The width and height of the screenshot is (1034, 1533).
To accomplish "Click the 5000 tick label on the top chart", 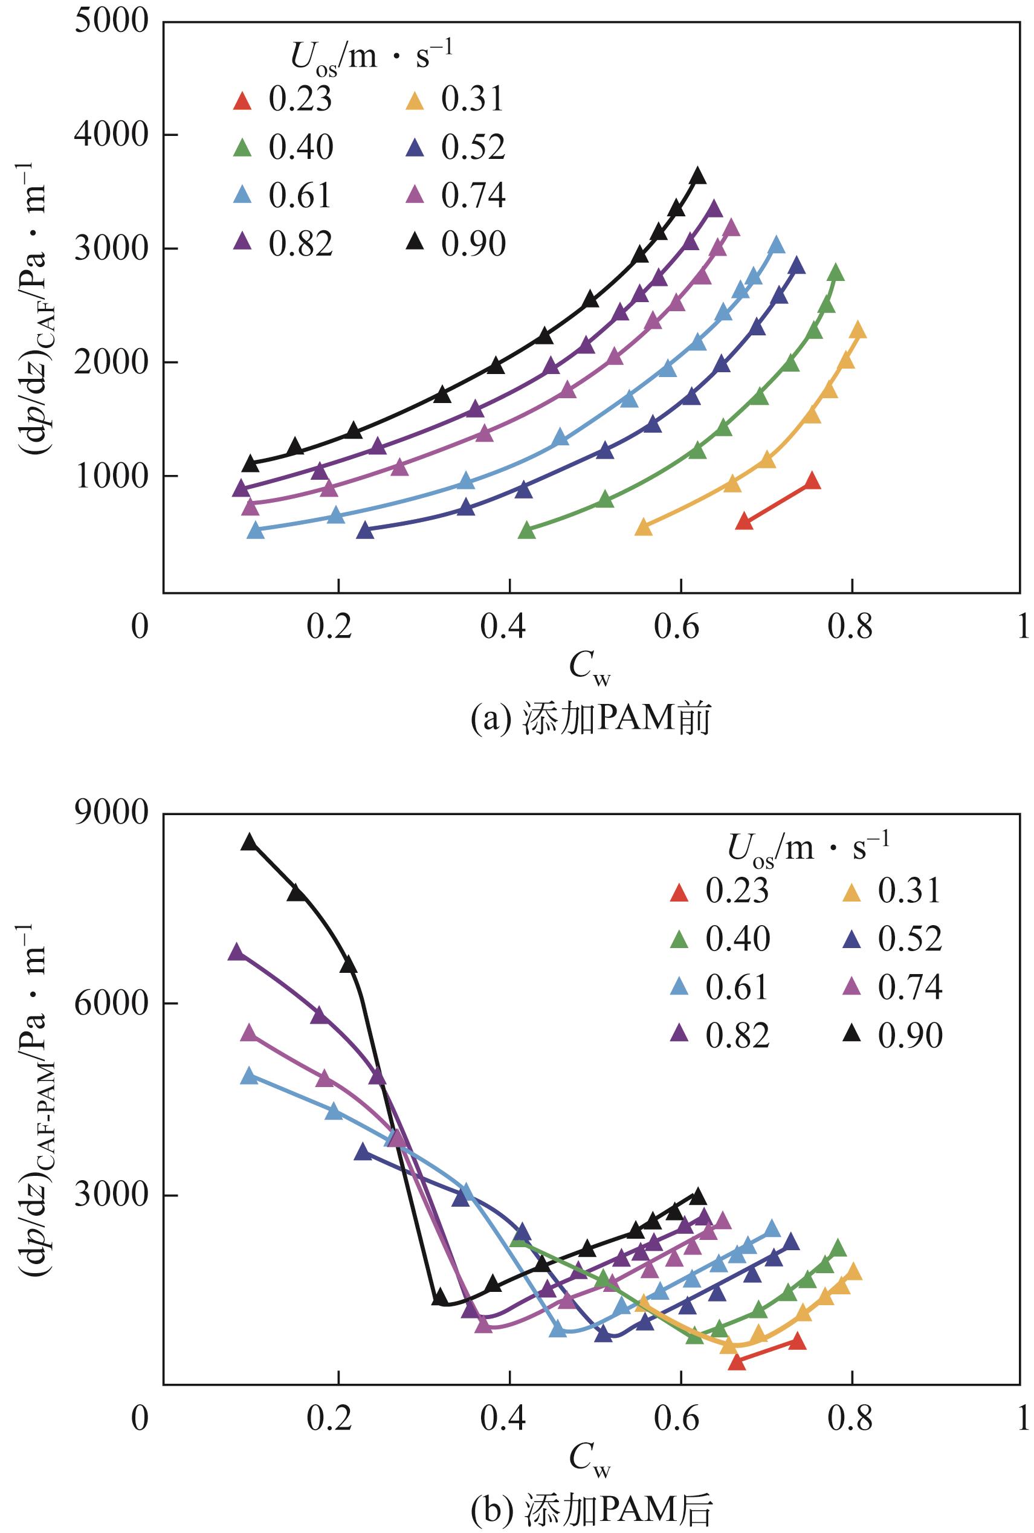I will click(111, 22).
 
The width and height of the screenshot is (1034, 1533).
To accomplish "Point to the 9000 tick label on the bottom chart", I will click(111, 813).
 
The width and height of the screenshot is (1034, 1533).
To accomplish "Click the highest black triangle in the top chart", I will click(697, 175).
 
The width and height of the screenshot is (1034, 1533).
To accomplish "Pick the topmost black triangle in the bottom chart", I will click(248, 841).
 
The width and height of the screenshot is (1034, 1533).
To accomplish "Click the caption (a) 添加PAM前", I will click(590, 718).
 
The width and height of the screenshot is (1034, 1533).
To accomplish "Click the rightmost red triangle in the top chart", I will click(812, 480).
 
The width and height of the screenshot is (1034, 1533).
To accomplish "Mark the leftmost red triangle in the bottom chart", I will click(737, 1361).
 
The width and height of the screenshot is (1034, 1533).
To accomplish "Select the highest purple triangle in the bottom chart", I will click(236, 950).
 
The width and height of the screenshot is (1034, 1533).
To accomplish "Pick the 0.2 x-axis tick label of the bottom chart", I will click(330, 1417).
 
